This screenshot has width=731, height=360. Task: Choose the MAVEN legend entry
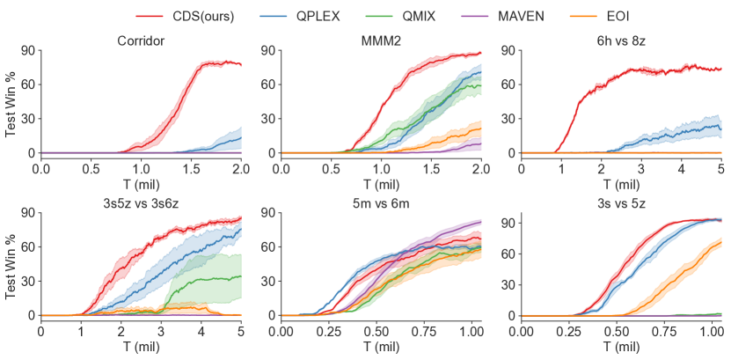pyautogui.click(x=521, y=16)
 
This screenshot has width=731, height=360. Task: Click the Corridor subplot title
pyautogui.click(x=141, y=40)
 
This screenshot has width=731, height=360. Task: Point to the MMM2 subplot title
pyautogui.click(x=381, y=40)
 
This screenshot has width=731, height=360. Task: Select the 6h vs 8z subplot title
pyautogui.click(x=621, y=40)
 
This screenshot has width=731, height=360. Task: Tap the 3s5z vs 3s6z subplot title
pyautogui.click(x=141, y=203)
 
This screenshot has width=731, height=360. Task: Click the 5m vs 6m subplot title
pyautogui.click(x=381, y=203)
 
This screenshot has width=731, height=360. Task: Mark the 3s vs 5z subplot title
pyautogui.click(x=621, y=203)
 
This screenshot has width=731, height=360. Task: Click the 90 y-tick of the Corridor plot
pyautogui.click(x=26, y=51)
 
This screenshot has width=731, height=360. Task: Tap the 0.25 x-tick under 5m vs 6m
pyautogui.click(x=328, y=330)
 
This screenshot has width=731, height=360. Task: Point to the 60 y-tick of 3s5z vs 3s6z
pyautogui.click(x=26, y=247)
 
